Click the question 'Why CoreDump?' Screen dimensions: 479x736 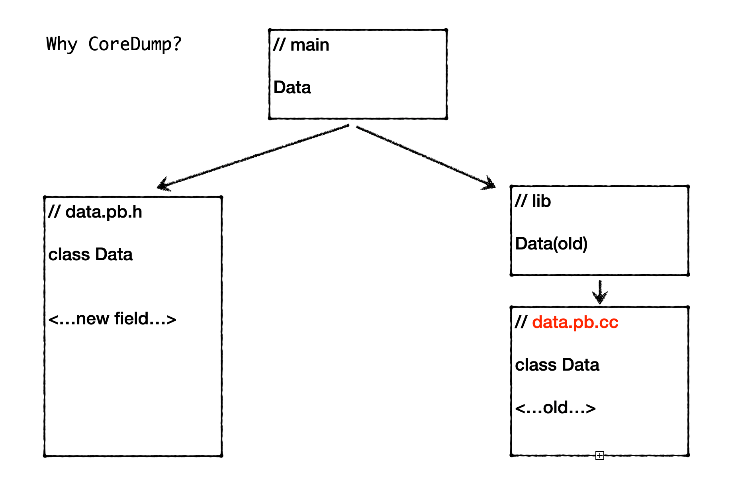(x=114, y=44)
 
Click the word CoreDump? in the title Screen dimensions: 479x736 (x=135, y=44)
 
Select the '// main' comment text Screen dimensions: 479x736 (x=301, y=45)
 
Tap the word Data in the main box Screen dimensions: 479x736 (x=292, y=87)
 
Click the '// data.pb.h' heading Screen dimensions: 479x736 (x=95, y=212)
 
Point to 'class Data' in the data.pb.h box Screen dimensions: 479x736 (x=90, y=254)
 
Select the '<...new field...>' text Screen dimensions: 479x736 (x=112, y=319)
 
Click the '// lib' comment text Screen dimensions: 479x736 (x=532, y=201)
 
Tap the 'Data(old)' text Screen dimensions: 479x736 (x=551, y=243)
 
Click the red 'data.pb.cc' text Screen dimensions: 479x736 (x=575, y=322)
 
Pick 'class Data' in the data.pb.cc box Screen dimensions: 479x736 (x=557, y=365)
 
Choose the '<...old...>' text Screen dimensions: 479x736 (x=555, y=408)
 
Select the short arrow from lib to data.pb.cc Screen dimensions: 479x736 (x=600, y=292)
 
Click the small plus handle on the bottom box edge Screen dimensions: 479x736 (x=600, y=455)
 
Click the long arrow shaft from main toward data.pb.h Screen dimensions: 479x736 (x=255, y=156)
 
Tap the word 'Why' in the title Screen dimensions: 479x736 (x=61, y=44)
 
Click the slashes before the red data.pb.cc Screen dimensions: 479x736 (x=521, y=322)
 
